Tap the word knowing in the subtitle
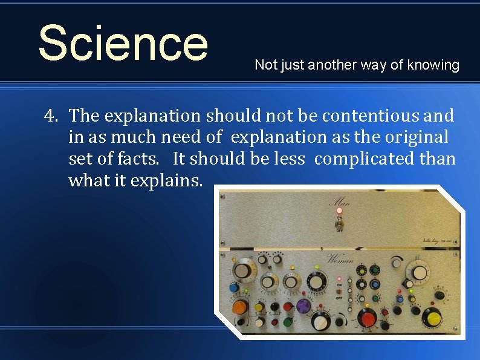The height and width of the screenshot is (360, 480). click(x=433, y=65)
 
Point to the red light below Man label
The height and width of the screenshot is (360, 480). click(x=339, y=211)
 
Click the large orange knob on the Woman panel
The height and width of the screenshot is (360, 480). click(x=239, y=307)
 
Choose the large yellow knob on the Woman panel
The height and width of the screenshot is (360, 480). click(x=432, y=317)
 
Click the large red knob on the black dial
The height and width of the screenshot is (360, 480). click(x=366, y=317)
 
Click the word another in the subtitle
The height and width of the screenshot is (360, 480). click(x=332, y=65)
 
